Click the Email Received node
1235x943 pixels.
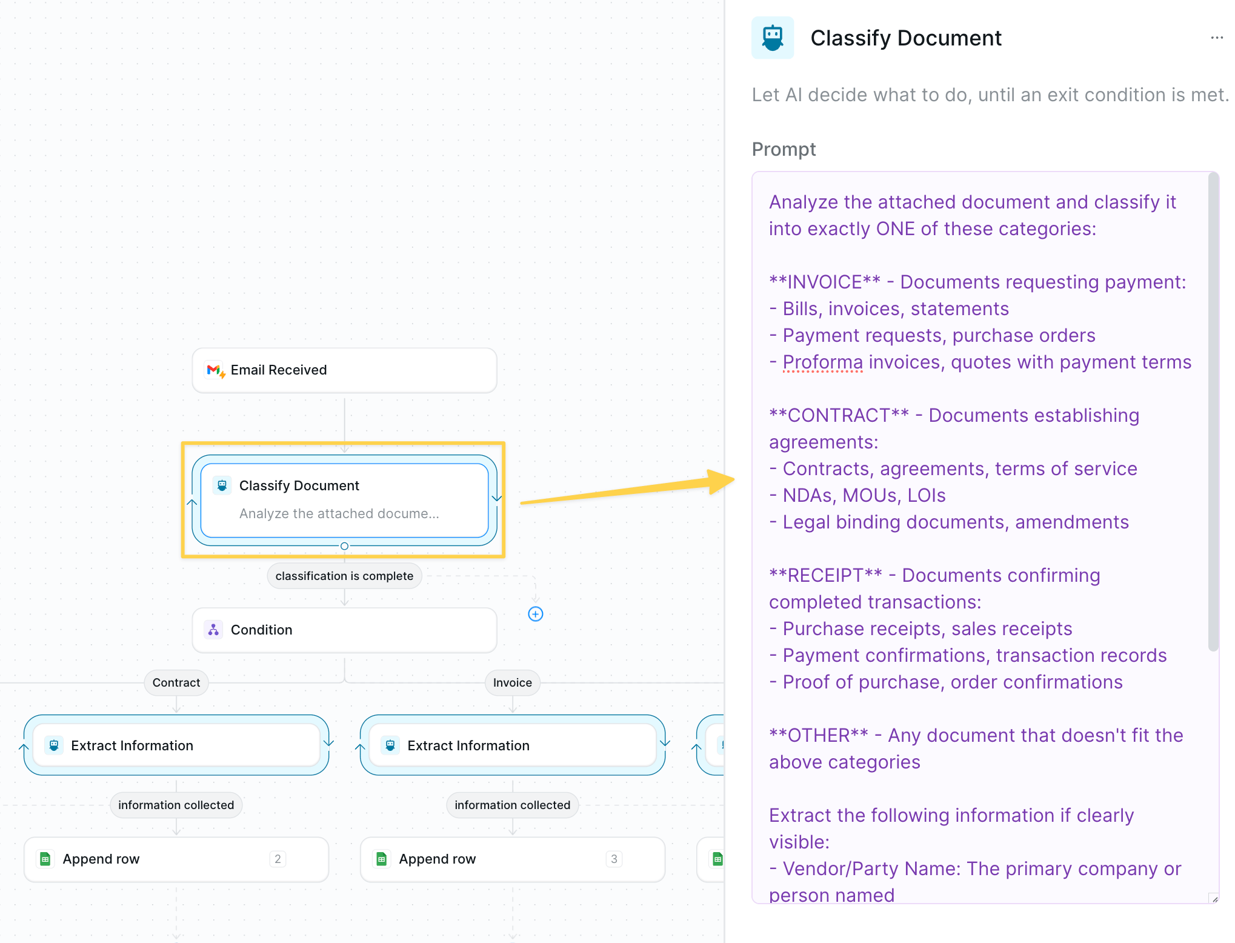[344, 370]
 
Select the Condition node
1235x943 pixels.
[344, 630]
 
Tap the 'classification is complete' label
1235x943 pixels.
[344, 576]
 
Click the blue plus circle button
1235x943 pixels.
[536, 614]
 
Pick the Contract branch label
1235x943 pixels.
[176, 682]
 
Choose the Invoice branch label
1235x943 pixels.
[513, 682]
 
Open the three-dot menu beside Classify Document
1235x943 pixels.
[1217, 38]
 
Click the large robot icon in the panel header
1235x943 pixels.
[773, 38]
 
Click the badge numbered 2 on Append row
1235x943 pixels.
[278, 859]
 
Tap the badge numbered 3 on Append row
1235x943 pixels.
[614, 859]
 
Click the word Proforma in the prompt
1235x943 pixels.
[823, 362]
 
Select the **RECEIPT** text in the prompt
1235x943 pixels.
[825, 575]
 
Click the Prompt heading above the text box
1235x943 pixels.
[784, 149]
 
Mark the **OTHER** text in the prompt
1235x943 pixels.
[819, 735]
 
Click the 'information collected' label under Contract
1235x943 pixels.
[176, 805]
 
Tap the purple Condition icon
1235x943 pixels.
[213, 630]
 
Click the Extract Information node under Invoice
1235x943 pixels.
[513, 745]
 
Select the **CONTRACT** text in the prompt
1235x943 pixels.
[839, 415]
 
